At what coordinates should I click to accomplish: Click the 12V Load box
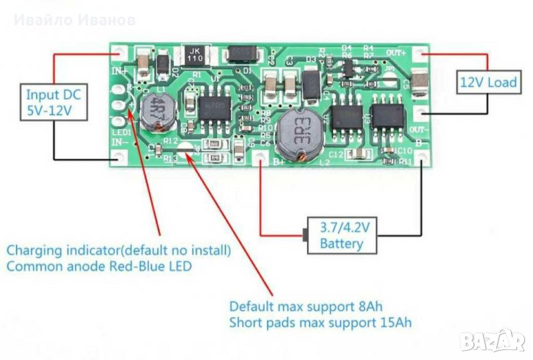(x=488, y=83)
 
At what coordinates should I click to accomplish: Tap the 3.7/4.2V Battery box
(x=341, y=235)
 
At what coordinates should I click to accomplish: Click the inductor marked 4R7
(x=159, y=103)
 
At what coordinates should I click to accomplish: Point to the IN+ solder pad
(x=120, y=51)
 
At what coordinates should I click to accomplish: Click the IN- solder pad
(x=120, y=157)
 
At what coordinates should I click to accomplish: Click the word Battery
(x=342, y=243)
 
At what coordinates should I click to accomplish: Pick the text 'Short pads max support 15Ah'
(x=320, y=323)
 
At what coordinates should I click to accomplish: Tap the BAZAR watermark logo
(x=492, y=343)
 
